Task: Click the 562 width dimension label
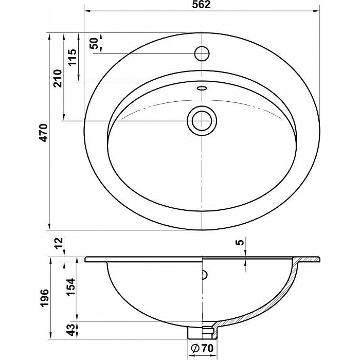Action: click(x=202, y=5)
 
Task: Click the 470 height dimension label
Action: click(x=44, y=133)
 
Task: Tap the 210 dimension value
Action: click(x=58, y=78)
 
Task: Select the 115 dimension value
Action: click(x=73, y=57)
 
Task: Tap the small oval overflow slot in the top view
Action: click(x=202, y=88)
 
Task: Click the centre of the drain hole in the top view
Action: click(x=202, y=121)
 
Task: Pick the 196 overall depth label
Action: click(x=44, y=298)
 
